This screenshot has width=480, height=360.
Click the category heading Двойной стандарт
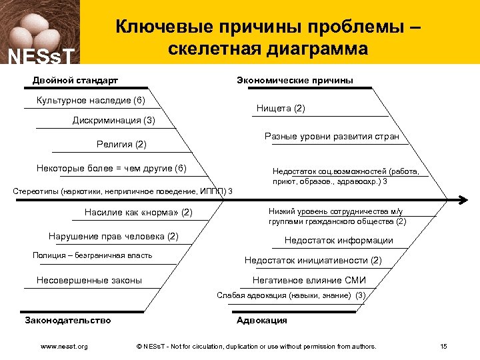click(x=75, y=81)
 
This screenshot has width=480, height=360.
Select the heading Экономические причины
click(x=295, y=81)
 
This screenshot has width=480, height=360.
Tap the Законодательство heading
click(x=68, y=320)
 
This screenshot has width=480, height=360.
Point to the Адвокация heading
click(x=262, y=320)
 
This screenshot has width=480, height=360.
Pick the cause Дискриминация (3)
click(x=113, y=121)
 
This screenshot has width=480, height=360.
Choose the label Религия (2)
click(x=121, y=144)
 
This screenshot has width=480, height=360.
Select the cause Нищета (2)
click(x=281, y=108)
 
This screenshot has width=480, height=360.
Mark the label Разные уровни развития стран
click(x=331, y=137)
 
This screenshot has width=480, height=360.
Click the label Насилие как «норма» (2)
click(x=138, y=213)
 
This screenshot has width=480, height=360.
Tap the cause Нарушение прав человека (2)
click(x=113, y=236)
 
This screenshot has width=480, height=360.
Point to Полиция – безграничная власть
click(x=92, y=255)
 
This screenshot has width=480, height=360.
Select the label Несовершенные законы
click(x=89, y=280)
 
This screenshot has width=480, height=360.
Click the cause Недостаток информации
click(x=339, y=240)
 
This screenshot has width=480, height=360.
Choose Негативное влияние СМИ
click(x=309, y=280)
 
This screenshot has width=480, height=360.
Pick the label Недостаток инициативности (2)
click(x=313, y=260)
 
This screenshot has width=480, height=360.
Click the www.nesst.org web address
click(x=64, y=346)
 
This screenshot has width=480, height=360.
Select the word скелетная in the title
click(x=214, y=49)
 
